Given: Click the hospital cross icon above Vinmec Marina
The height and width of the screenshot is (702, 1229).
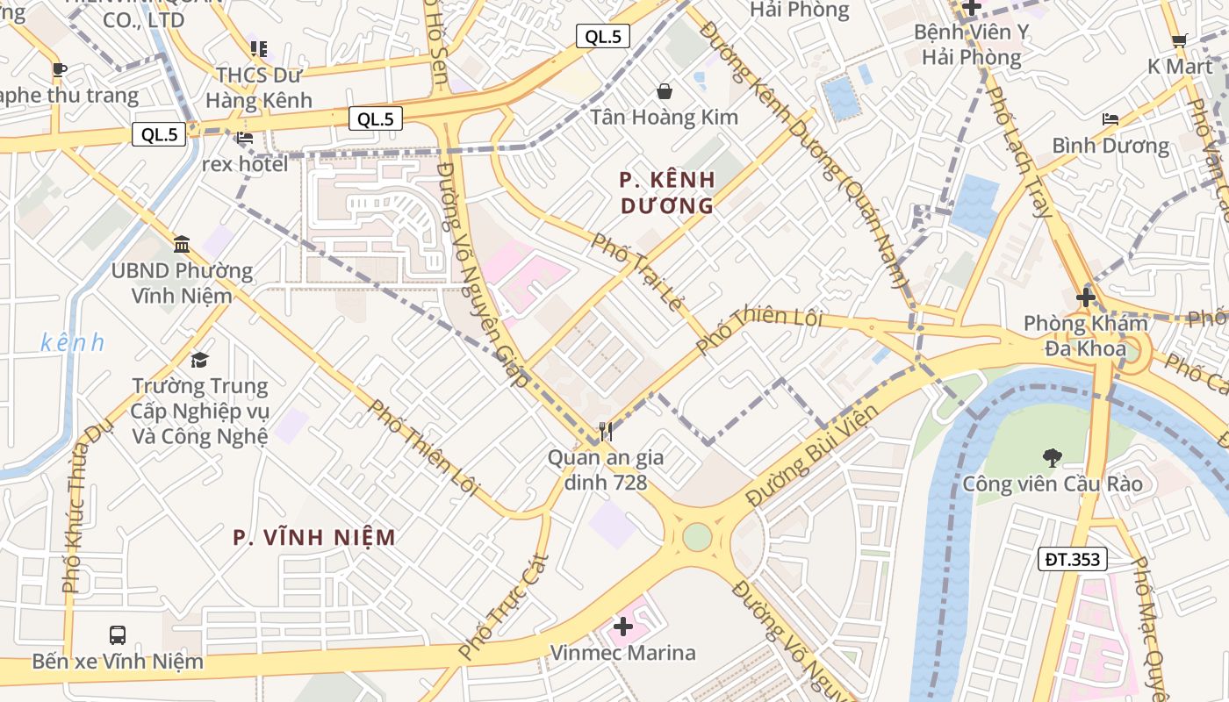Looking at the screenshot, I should tap(623, 627).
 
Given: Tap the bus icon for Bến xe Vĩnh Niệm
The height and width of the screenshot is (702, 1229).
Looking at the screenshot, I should tap(117, 634).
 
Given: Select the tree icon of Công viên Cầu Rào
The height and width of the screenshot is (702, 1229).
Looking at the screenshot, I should tap(1051, 457).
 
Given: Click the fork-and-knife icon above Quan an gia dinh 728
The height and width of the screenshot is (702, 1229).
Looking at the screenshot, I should tap(605, 431).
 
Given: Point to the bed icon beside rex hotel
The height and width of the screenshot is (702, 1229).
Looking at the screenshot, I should tap(245, 138).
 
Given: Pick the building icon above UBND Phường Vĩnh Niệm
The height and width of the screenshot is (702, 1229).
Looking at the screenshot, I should tap(182, 244).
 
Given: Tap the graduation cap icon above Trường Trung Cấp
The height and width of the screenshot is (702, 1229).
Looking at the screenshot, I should tap(200, 360).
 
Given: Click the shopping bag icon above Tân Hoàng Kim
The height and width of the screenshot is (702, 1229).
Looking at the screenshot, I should tap(665, 90).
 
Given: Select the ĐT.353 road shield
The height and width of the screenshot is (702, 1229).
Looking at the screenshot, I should tap(1072, 559).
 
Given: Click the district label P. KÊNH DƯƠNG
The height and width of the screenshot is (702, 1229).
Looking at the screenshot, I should tap(667, 192).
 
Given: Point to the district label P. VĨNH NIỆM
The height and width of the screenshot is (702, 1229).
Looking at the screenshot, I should tap(314, 537).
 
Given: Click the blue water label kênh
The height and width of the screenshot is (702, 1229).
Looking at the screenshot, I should tap(72, 342).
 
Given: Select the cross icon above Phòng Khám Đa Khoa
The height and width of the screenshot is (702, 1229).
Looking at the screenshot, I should tap(1086, 297).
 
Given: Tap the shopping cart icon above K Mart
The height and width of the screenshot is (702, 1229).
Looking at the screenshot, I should tap(1179, 40).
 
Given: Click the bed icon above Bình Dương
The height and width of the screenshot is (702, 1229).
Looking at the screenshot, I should tap(1110, 118).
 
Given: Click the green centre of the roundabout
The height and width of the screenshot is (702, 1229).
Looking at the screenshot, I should tap(696, 537).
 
